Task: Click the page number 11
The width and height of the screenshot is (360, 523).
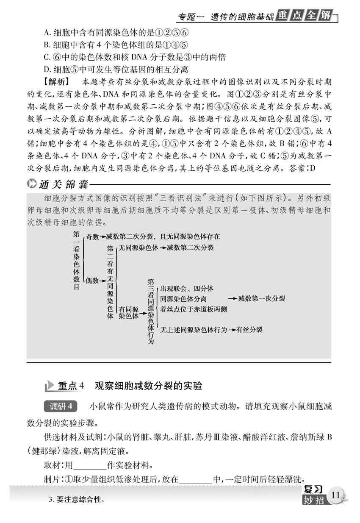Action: pyautogui.click(x=336, y=495)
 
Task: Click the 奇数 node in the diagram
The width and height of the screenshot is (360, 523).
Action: pyautogui.click(x=92, y=236)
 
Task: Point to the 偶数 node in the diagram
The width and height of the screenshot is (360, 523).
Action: pyautogui.click(x=92, y=281)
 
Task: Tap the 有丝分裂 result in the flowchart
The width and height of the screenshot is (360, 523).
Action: pyautogui.click(x=249, y=329)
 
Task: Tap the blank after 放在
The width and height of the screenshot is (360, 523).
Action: pyautogui.click(x=196, y=480)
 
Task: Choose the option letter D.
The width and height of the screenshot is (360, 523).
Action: pyautogui.click(x=47, y=69)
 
